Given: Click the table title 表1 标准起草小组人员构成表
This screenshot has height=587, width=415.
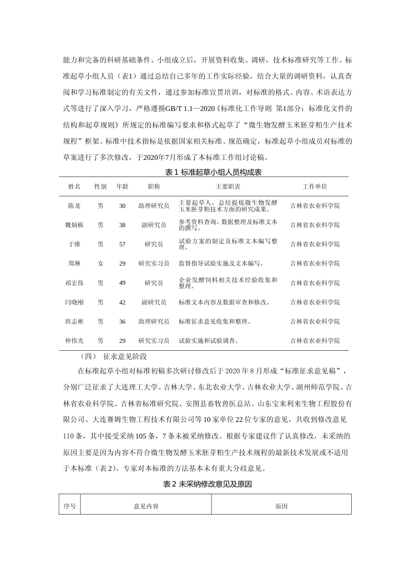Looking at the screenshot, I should coord(213,173).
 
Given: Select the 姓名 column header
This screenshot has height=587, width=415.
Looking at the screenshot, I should coord(74,186).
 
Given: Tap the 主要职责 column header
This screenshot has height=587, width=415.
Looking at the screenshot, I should coord(228,186).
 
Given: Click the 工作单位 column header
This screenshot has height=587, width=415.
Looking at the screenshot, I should coord(315,186).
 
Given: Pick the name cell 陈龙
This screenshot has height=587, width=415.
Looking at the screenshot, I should coord(74,206).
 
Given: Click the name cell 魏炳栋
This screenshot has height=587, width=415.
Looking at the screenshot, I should coord(74,225).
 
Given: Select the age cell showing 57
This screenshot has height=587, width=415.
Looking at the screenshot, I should coord(122,244).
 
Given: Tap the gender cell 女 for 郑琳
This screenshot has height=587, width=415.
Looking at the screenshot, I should coord(100,263).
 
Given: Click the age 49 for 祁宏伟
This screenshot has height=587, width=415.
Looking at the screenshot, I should coord(122,283).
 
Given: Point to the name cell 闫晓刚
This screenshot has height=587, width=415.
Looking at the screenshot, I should coord(74,302).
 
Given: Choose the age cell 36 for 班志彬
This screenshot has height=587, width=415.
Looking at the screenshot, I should coord(122,321).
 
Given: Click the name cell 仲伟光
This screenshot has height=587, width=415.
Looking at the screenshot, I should coord(74,341).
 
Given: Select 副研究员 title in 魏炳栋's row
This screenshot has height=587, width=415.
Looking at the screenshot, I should coord(154,225).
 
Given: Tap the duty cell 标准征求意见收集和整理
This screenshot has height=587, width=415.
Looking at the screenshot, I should coord(215,321).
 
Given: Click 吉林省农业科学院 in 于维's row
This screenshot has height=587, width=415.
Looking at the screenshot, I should coord(315,244).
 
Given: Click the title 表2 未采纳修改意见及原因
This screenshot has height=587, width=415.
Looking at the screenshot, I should coord(207,484).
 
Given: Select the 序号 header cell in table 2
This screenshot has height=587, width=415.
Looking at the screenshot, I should coord(70,506).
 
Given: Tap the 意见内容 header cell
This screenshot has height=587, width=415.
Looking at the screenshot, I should coord(146,506).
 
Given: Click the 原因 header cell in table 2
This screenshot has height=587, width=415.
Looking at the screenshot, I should coord(281,506).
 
